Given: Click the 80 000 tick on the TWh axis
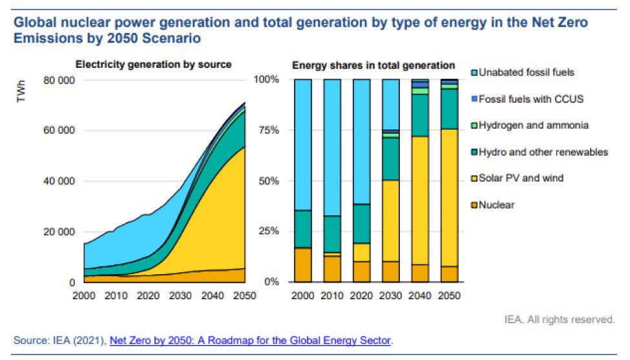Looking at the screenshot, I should click(x=58, y=80).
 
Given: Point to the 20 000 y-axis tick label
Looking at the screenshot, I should click(x=58, y=232).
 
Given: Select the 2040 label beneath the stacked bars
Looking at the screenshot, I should click(x=420, y=295).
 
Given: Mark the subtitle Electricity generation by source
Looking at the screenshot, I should click(x=154, y=65).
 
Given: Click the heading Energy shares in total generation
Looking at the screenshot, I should click(x=373, y=65).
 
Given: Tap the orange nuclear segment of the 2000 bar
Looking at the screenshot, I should click(x=302, y=265).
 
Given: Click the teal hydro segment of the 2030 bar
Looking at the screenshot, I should click(x=391, y=159).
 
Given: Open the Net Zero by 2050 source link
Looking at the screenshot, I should click(x=250, y=339).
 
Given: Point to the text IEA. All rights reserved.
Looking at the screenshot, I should click(x=560, y=319).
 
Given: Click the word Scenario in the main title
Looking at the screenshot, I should click(x=171, y=38).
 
